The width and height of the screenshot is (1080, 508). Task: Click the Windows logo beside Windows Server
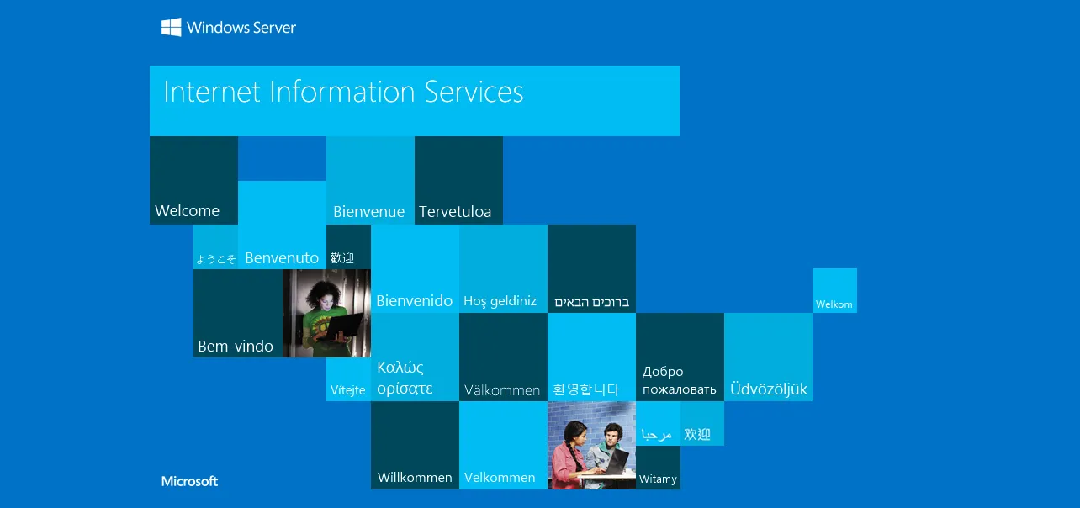[171, 28]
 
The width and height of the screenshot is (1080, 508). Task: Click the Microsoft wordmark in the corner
[189, 481]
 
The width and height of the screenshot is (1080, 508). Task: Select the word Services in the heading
[474, 92]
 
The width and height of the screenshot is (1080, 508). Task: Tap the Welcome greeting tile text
[187, 210]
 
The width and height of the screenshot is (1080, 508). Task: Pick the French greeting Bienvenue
[369, 212]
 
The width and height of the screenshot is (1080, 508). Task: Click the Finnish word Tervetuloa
[455, 212]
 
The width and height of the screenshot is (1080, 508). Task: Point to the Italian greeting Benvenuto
[282, 258]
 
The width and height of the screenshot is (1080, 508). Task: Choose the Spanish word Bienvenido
[414, 301]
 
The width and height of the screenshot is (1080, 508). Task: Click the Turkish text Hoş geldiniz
[500, 301]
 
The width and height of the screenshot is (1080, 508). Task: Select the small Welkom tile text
[834, 304]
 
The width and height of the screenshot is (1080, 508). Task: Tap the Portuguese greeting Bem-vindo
[236, 346]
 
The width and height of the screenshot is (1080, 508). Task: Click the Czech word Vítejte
[347, 389]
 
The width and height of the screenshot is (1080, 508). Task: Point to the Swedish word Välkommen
[502, 390]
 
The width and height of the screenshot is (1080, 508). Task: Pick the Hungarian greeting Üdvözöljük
[769, 389]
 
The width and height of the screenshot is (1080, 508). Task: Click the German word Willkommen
[415, 477]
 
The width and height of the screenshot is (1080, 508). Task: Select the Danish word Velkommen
[500, 477]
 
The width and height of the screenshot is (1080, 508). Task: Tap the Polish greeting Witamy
[658, 479]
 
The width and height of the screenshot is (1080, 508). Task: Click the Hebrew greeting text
[591, 302]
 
